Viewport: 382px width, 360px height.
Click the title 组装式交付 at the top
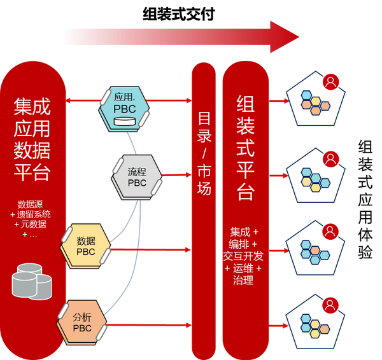click(178, 14)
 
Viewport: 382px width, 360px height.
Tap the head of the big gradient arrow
click(285, 37)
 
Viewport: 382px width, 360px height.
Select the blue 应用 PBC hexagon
click(124, 109)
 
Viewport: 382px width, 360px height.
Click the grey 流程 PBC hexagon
click(137, 177)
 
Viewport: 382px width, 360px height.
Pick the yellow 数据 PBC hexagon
click(85, 246)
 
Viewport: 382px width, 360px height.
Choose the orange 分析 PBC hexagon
click(82, 322)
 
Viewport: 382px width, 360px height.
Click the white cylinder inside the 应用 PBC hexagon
click(125, 121)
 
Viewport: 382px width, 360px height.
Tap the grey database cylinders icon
click(32, 281)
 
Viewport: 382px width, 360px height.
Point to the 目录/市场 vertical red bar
click(204, 211)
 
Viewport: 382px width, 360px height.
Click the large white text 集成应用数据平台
click(32, 139)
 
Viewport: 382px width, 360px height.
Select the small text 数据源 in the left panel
click(30, 204)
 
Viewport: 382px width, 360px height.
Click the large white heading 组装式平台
click(246, 148)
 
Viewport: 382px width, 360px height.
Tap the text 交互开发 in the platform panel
click(243, 256)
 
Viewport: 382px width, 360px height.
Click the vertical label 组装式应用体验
click(365, 199)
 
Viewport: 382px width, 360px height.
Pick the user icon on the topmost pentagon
click(330, 82)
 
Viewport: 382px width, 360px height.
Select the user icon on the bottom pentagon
click(330, 305)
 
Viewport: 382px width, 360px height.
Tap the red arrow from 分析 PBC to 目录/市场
click(149, 325)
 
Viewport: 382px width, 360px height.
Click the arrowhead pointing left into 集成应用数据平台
click(68, 100)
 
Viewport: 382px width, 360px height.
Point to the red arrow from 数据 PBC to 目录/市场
click(150, 249)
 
